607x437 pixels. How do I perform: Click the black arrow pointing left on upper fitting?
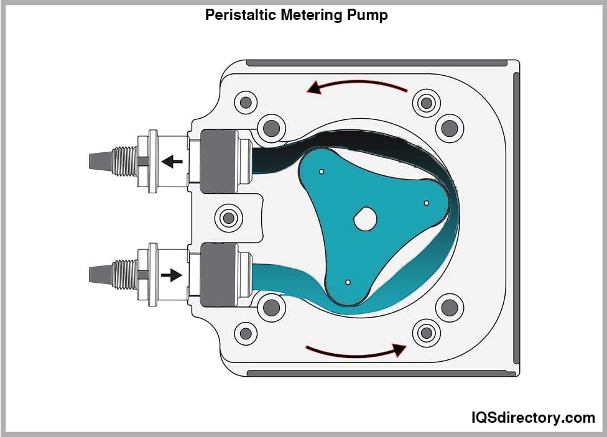tap(172, 162)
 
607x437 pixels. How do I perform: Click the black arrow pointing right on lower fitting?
tap(172, 274)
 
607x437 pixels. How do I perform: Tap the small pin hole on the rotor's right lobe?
tap(427, 203)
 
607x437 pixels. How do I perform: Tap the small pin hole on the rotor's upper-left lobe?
tap(322, 172)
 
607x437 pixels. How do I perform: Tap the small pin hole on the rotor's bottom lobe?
tap(348, 283)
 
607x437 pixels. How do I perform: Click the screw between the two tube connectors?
tap(228, 218)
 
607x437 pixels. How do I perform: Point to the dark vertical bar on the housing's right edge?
tap(516, 218)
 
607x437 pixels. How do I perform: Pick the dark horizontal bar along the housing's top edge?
tap(377, 63)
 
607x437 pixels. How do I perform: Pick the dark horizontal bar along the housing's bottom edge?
tap(381, 373)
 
